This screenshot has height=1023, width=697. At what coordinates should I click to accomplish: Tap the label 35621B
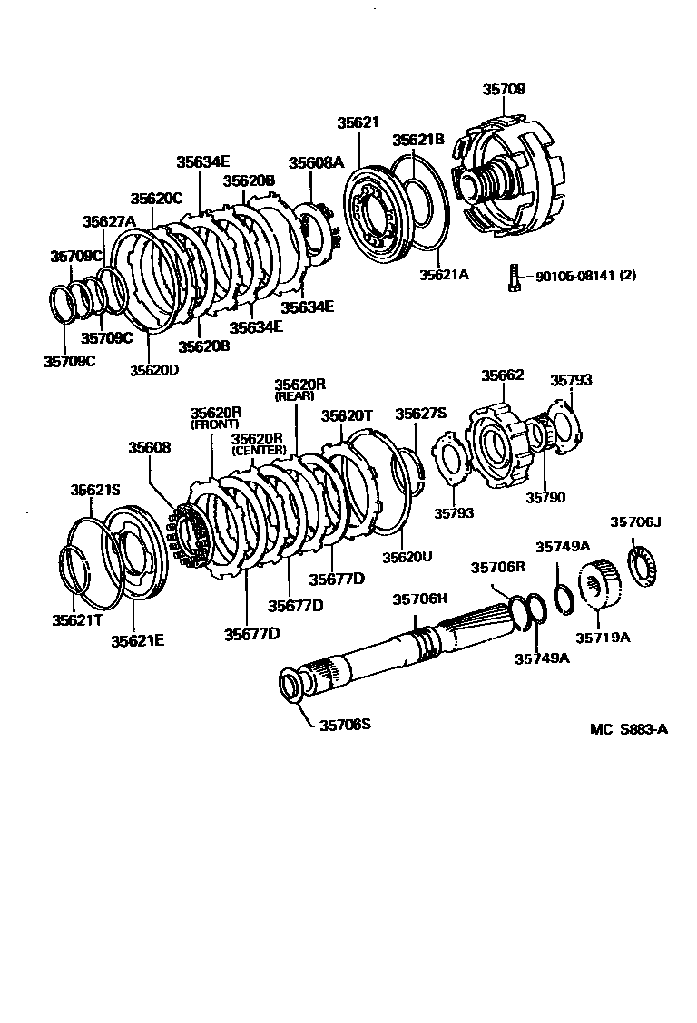click(x=417, y=140)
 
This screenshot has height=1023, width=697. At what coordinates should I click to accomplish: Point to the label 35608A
click(x=317, y=162)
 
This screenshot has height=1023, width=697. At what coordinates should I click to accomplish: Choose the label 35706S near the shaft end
click(x=345, y=724)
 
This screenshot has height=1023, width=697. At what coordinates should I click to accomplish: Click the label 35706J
click(x=635, y=521)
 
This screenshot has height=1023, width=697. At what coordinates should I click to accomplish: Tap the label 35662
click(x=502, y=375)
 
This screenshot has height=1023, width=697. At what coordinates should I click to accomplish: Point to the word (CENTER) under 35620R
click(x=259, y=450)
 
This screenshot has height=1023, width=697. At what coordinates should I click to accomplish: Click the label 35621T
click(x=75, y=619)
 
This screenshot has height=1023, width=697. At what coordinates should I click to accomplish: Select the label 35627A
click(x=108, y=221)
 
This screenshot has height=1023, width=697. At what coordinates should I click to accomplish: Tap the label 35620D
click(x=154, y=369)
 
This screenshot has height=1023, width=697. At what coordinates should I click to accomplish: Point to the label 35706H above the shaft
click(x=419, y=599)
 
